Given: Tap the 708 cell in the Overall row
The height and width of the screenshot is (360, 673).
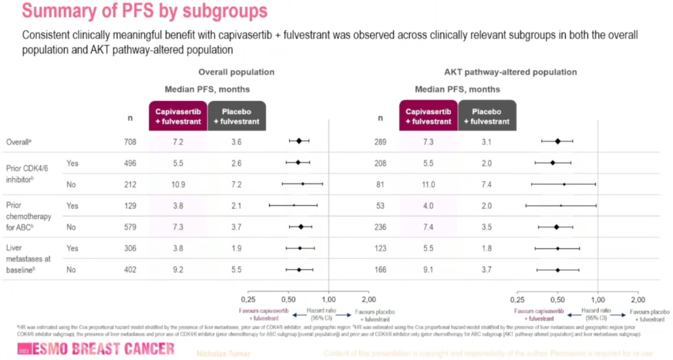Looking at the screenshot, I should click(130, 142).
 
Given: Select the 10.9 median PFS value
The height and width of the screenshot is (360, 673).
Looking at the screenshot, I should click(178, 185).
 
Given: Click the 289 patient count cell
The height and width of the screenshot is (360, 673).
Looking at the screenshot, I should click(380, 142).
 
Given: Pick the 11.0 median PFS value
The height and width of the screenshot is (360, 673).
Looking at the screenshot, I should click(428, 185).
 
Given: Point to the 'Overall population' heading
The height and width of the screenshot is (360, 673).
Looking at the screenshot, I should click(236, 72).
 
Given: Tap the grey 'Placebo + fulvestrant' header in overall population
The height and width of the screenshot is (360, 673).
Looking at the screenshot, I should click(236, 116).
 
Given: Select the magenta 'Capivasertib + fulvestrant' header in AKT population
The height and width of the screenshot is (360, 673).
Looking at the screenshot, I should click(428, 116).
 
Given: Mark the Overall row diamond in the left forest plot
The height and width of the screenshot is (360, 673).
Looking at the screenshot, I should click(299, 141).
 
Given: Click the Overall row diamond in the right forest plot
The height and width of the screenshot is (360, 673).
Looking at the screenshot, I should click(558, 141).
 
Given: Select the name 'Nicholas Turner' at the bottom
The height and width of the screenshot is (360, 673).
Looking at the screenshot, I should click(223, 353).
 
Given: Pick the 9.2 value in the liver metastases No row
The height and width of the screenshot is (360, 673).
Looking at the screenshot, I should click(178, 270).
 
